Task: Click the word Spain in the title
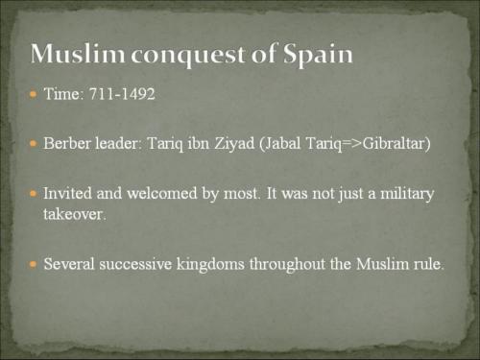tap(314, 55)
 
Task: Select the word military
tap(404, 193)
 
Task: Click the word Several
tap(70, 263)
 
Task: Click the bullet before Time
tap(34, 97)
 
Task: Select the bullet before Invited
tap(34, 193)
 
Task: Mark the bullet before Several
tap(34, 263)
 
